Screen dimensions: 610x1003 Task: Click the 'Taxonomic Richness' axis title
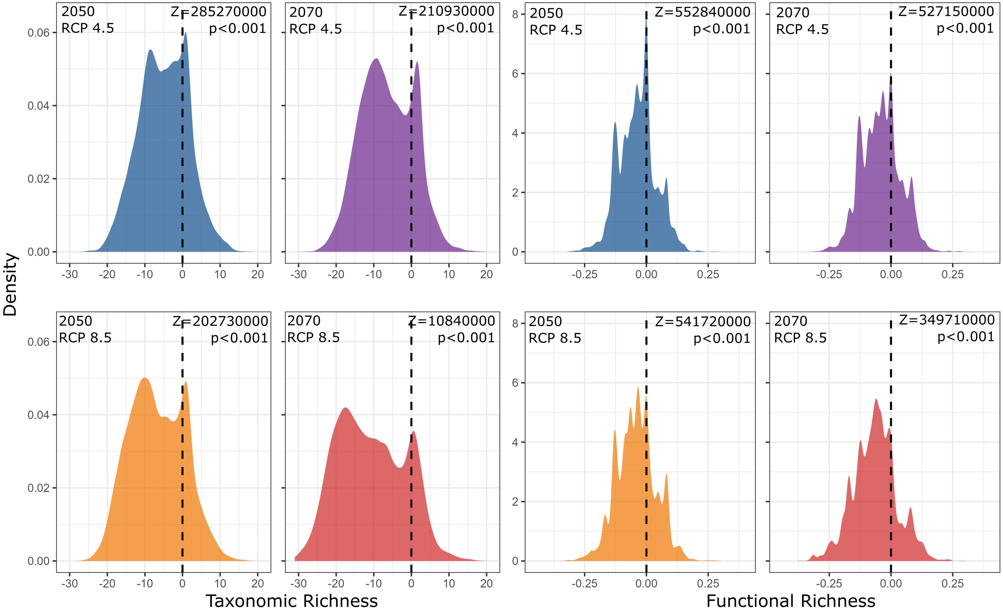292,601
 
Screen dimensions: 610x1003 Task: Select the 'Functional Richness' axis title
790,601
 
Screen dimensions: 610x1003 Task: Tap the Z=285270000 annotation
219,12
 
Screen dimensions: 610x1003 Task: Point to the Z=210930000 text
446,11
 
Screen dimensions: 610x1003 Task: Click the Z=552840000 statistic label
702,12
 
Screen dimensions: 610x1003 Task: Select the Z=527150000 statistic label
946,11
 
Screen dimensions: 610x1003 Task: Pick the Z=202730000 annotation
220,321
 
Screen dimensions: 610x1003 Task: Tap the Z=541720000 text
702,322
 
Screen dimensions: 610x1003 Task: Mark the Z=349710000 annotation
947,320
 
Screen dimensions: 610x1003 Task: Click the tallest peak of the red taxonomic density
346,408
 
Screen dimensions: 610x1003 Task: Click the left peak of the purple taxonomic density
376,59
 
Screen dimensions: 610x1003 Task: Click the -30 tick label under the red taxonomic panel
298,584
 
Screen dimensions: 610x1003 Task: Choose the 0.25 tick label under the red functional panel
953,584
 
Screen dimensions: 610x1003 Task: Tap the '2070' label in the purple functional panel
793,13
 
